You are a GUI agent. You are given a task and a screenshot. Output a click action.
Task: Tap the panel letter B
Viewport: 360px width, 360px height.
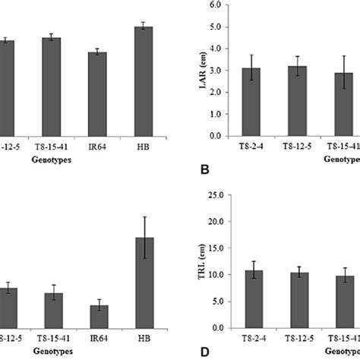tap(204, 169)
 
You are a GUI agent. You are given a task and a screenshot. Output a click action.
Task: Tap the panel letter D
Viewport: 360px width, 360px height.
tap(204, 352)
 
